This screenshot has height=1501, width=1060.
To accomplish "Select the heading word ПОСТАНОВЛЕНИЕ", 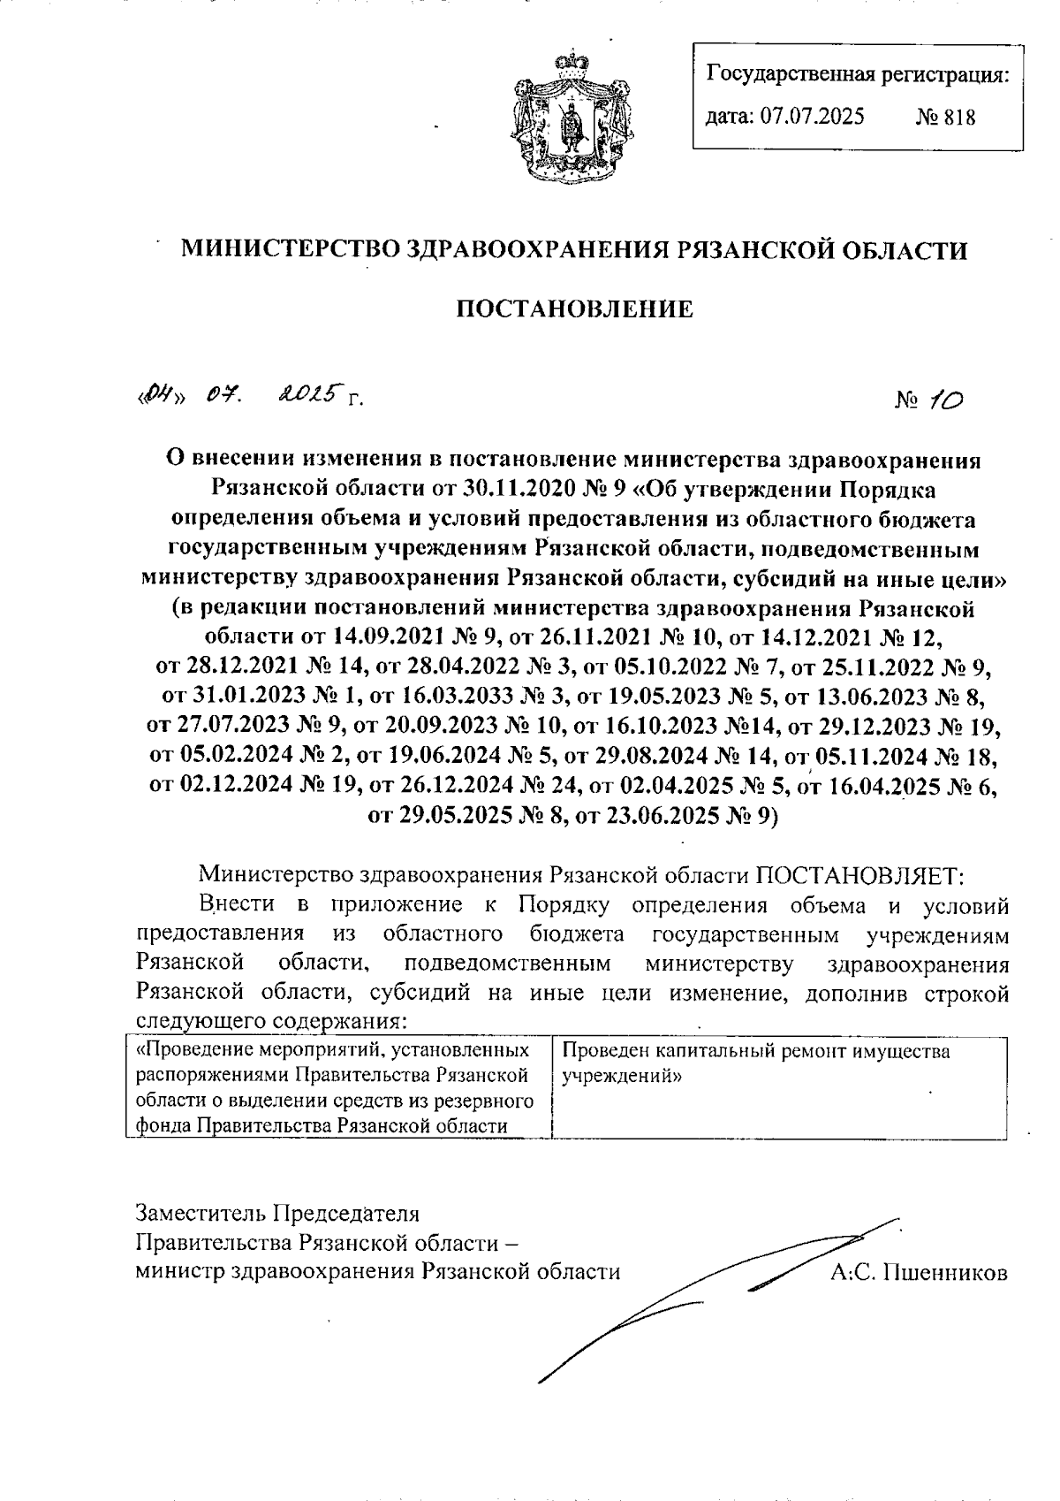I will (573, 309).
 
